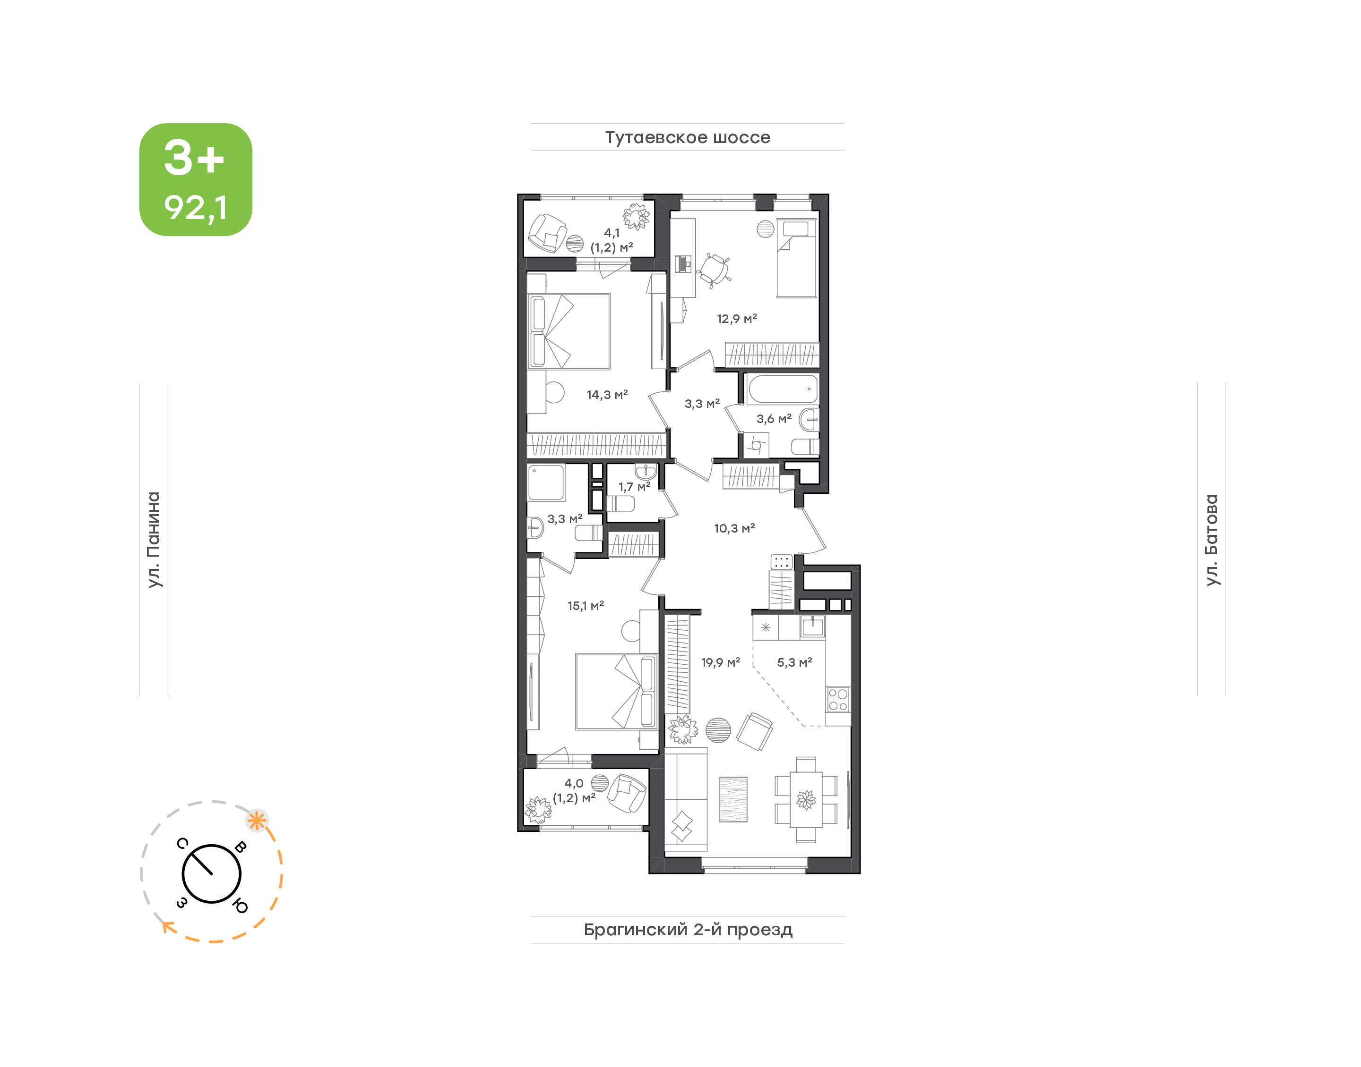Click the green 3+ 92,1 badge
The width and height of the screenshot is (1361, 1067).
click(x=195, y=179)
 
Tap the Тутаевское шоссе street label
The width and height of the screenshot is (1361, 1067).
click(x=687, y=137)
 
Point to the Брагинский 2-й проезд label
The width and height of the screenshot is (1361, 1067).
click(x=688, y=930)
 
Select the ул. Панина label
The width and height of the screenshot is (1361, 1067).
click(x=154, y=540)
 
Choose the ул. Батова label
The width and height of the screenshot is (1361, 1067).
click(x=1212, y=540)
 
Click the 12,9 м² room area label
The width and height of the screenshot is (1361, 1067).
click(x=736, y=319)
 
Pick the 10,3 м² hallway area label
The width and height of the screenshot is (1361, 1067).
click(x=734, y=528)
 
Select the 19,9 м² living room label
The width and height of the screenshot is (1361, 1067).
click(x=720, y=662)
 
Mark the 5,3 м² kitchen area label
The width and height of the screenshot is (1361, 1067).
click(x=794, y=662)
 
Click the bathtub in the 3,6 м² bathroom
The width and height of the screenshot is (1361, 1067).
click(x=782, y=389)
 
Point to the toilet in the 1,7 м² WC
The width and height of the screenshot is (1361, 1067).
click(x=621, y=503)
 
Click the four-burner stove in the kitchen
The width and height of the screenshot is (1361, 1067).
click(x=838, y=700)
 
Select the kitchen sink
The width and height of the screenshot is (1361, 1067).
click(x=812, y=626)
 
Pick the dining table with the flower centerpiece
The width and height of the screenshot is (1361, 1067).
click(x=806, y=800)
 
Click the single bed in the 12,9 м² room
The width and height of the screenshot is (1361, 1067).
click(x=796, y=257)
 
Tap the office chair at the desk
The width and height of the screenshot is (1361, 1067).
click(x=714, y=270)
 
